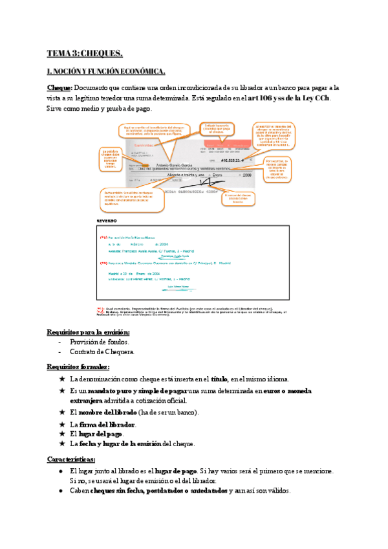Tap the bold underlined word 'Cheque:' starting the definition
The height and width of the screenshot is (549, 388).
pos(59,87)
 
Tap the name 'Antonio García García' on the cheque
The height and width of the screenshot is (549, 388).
pos(184,162)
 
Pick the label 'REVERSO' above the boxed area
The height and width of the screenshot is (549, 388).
pos(107,221)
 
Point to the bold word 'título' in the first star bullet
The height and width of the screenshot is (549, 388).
pos(220,379)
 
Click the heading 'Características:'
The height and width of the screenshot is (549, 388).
pos(71,459)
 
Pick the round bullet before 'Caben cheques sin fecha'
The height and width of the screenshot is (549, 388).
pos(60,491)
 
